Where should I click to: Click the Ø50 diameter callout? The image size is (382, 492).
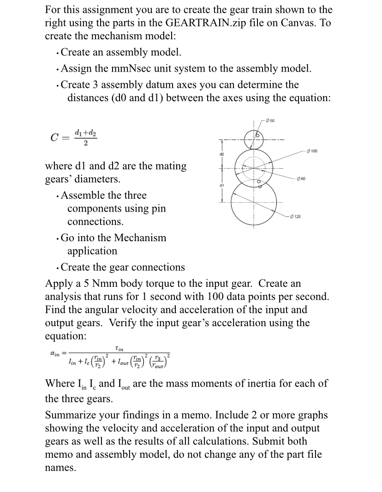(270, 121)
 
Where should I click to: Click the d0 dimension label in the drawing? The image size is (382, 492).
(221, 153)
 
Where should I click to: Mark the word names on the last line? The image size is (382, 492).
(59, 467)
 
